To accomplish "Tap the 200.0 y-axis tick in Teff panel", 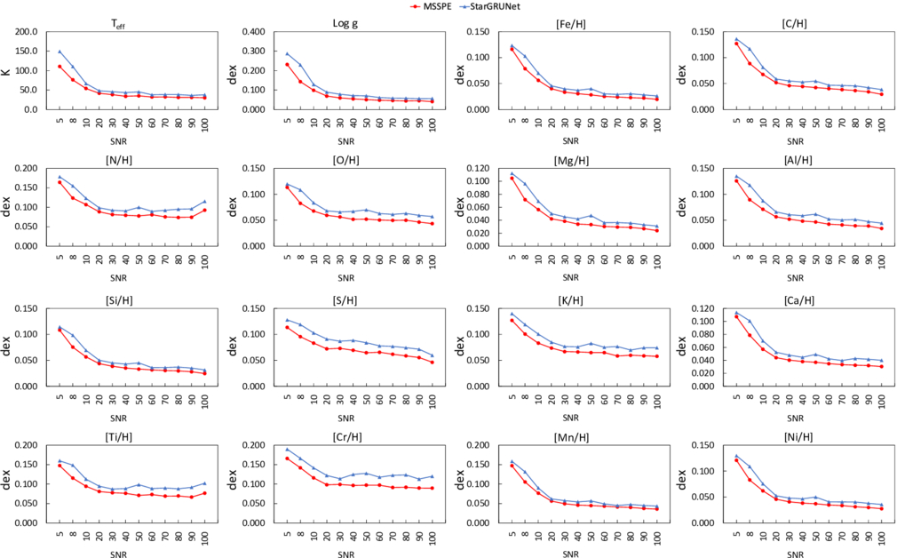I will coord(26,32).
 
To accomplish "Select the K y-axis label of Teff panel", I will coord(7,70).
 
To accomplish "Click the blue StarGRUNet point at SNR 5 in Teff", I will coord(60,52).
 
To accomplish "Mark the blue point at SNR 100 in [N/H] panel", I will coord(204,202).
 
